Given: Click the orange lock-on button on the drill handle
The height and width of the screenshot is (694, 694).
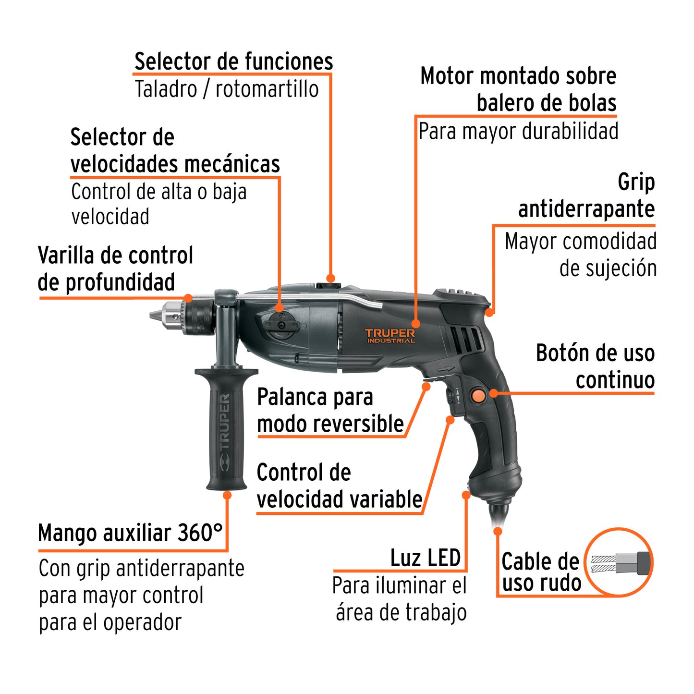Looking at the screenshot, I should [478, 395].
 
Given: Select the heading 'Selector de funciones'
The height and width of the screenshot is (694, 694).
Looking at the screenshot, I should [233, 62].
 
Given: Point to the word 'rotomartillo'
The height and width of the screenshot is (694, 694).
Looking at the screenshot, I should [267, 89].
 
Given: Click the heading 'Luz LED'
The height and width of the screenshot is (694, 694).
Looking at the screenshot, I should [425, 558].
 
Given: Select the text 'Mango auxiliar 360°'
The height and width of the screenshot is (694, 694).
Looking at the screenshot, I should [131, 533].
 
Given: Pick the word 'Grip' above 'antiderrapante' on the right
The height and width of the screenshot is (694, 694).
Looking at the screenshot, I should [636, 183].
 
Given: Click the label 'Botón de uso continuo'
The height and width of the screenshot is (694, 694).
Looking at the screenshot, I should [596, 366].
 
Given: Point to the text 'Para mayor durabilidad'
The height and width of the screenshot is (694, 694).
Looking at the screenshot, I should [518, 132].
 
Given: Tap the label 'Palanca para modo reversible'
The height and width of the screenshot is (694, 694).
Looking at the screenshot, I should [330, 411].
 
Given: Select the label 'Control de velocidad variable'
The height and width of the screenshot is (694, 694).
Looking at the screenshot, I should [339, 486].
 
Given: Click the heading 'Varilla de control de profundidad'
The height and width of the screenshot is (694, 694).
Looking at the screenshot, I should [115, 269].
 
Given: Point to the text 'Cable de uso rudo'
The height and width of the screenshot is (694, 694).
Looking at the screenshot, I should [541, 572].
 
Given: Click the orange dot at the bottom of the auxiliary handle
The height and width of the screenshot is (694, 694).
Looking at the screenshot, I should [227, 495].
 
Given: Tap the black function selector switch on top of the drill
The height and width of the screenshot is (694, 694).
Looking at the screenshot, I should [329, 286].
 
